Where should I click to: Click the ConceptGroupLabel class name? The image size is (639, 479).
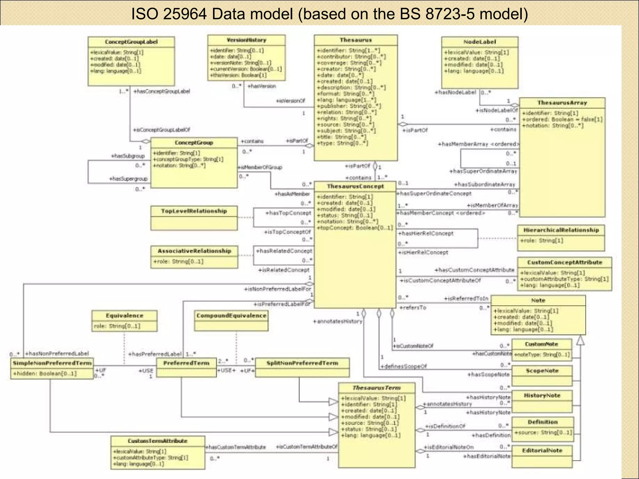[x=131, y=42]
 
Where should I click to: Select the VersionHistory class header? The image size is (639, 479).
[x=246, y=40]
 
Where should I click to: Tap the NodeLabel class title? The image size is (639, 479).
[x=480, y=42]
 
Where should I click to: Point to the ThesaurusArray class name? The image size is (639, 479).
[x=562, y=103]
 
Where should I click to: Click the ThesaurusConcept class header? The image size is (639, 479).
[x=355, y=186]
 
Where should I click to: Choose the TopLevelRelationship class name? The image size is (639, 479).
[x=194, y=211]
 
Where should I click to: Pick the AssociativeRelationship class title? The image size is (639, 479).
[x=194, y=251]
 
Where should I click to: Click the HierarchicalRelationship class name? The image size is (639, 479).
[x=561, y=230]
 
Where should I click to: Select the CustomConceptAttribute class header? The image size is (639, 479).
[x=564, y=262]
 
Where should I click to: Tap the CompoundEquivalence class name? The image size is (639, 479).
[x=231, y=316]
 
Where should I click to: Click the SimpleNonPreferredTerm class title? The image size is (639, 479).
[x=52, y=363]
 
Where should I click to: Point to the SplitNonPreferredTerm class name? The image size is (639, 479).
[x=302, y=363]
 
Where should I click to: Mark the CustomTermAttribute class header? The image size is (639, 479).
[x=158, y=441]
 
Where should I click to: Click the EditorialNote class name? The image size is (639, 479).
[x=542, y=450]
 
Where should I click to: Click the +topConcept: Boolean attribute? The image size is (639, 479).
[x=355, y=228]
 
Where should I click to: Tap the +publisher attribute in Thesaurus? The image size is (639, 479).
[x=349, y=106]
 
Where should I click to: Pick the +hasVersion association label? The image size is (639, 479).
[x=261, y=86]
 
